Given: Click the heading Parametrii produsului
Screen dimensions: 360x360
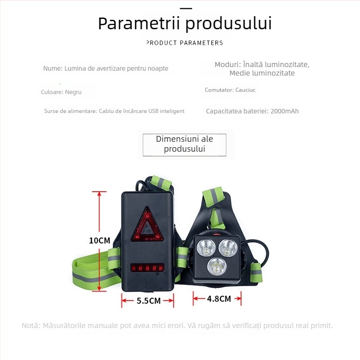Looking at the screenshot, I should pyautogui.click(x=185, y=23).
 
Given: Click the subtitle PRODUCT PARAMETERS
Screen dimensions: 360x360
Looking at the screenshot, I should pyautogui.click(x=185, y=43).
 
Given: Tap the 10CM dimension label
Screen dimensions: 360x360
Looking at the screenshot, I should pyautogui.click(x=99, y=241).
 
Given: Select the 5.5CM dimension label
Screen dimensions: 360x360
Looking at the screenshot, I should pyautogui.click(x=148, y=301).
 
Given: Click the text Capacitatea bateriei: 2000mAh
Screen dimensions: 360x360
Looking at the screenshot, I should pyautogui.click(x=252, y=111).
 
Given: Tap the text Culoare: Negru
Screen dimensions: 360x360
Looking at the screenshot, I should pyautogui.click(x=61, y=92).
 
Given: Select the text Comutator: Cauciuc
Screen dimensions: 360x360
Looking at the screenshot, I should pyautogui.click(x=230, y=90).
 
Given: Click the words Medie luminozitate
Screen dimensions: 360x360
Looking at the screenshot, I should pyautogui.click(x=262, y=73).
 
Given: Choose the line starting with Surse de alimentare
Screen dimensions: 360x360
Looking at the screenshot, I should pyautogui.click(x=114, y=111).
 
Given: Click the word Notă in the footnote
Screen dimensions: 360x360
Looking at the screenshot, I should pyautogui.click(x=31, y=325).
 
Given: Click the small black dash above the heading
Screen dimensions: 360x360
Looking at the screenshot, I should pyautogui.click(x=185, y=9).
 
